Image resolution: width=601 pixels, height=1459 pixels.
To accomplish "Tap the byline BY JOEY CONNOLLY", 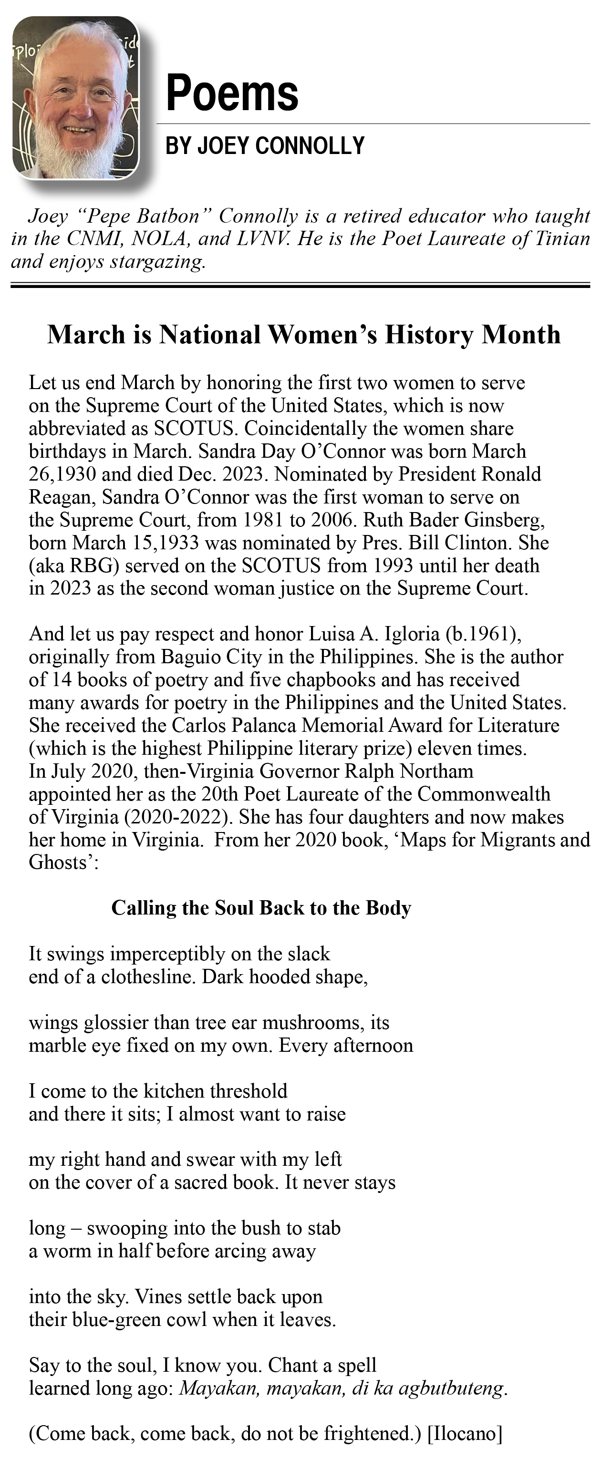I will [265, 145].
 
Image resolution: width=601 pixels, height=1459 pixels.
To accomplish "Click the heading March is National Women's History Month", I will [304, 334].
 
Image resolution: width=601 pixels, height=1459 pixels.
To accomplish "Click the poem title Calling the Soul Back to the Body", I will [261, 908].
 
